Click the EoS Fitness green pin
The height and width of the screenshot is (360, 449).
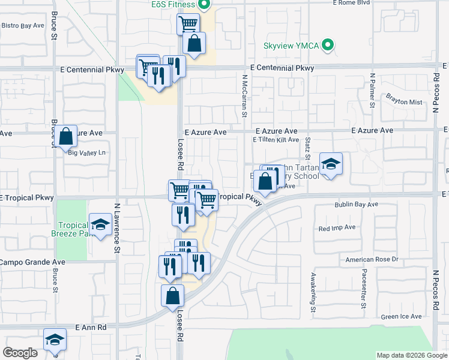point(204,5)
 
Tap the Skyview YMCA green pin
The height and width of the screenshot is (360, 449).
point(328,45)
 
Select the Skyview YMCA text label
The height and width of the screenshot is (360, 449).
point(292,46)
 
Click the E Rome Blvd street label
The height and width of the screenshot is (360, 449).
point(360,3)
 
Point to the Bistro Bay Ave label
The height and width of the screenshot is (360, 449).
point(23,26)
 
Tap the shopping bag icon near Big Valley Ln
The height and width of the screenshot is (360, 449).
point(67,137)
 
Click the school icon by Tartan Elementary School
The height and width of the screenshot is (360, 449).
point(330,164)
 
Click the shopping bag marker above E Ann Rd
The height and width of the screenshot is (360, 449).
point(173,295)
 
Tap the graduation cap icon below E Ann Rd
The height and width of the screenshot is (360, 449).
point(55,340)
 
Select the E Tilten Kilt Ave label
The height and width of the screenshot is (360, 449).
point(276,140)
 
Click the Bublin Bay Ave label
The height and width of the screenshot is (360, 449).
point(357,205)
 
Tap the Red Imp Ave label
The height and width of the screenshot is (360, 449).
point(337,228)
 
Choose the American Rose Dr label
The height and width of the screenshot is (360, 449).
point(372,259)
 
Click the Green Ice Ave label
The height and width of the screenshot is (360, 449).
point(402,316)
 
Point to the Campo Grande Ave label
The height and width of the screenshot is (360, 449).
point(32,262)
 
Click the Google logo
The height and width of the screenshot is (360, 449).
point(20,353)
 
